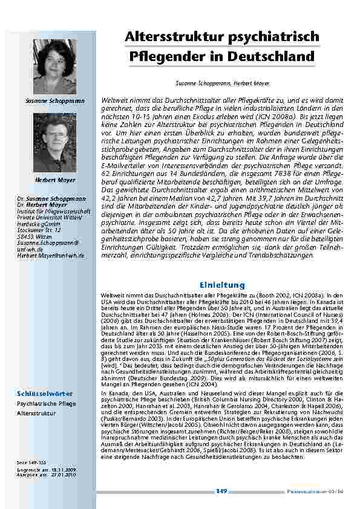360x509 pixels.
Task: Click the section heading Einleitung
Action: [x=222, y=285]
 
